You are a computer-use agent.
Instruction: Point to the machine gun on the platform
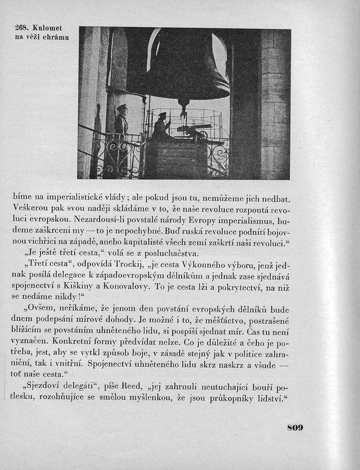point(192,131)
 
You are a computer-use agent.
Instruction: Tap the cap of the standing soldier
point(121,107)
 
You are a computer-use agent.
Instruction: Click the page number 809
point(294,427)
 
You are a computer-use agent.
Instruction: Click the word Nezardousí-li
point(100,220)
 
